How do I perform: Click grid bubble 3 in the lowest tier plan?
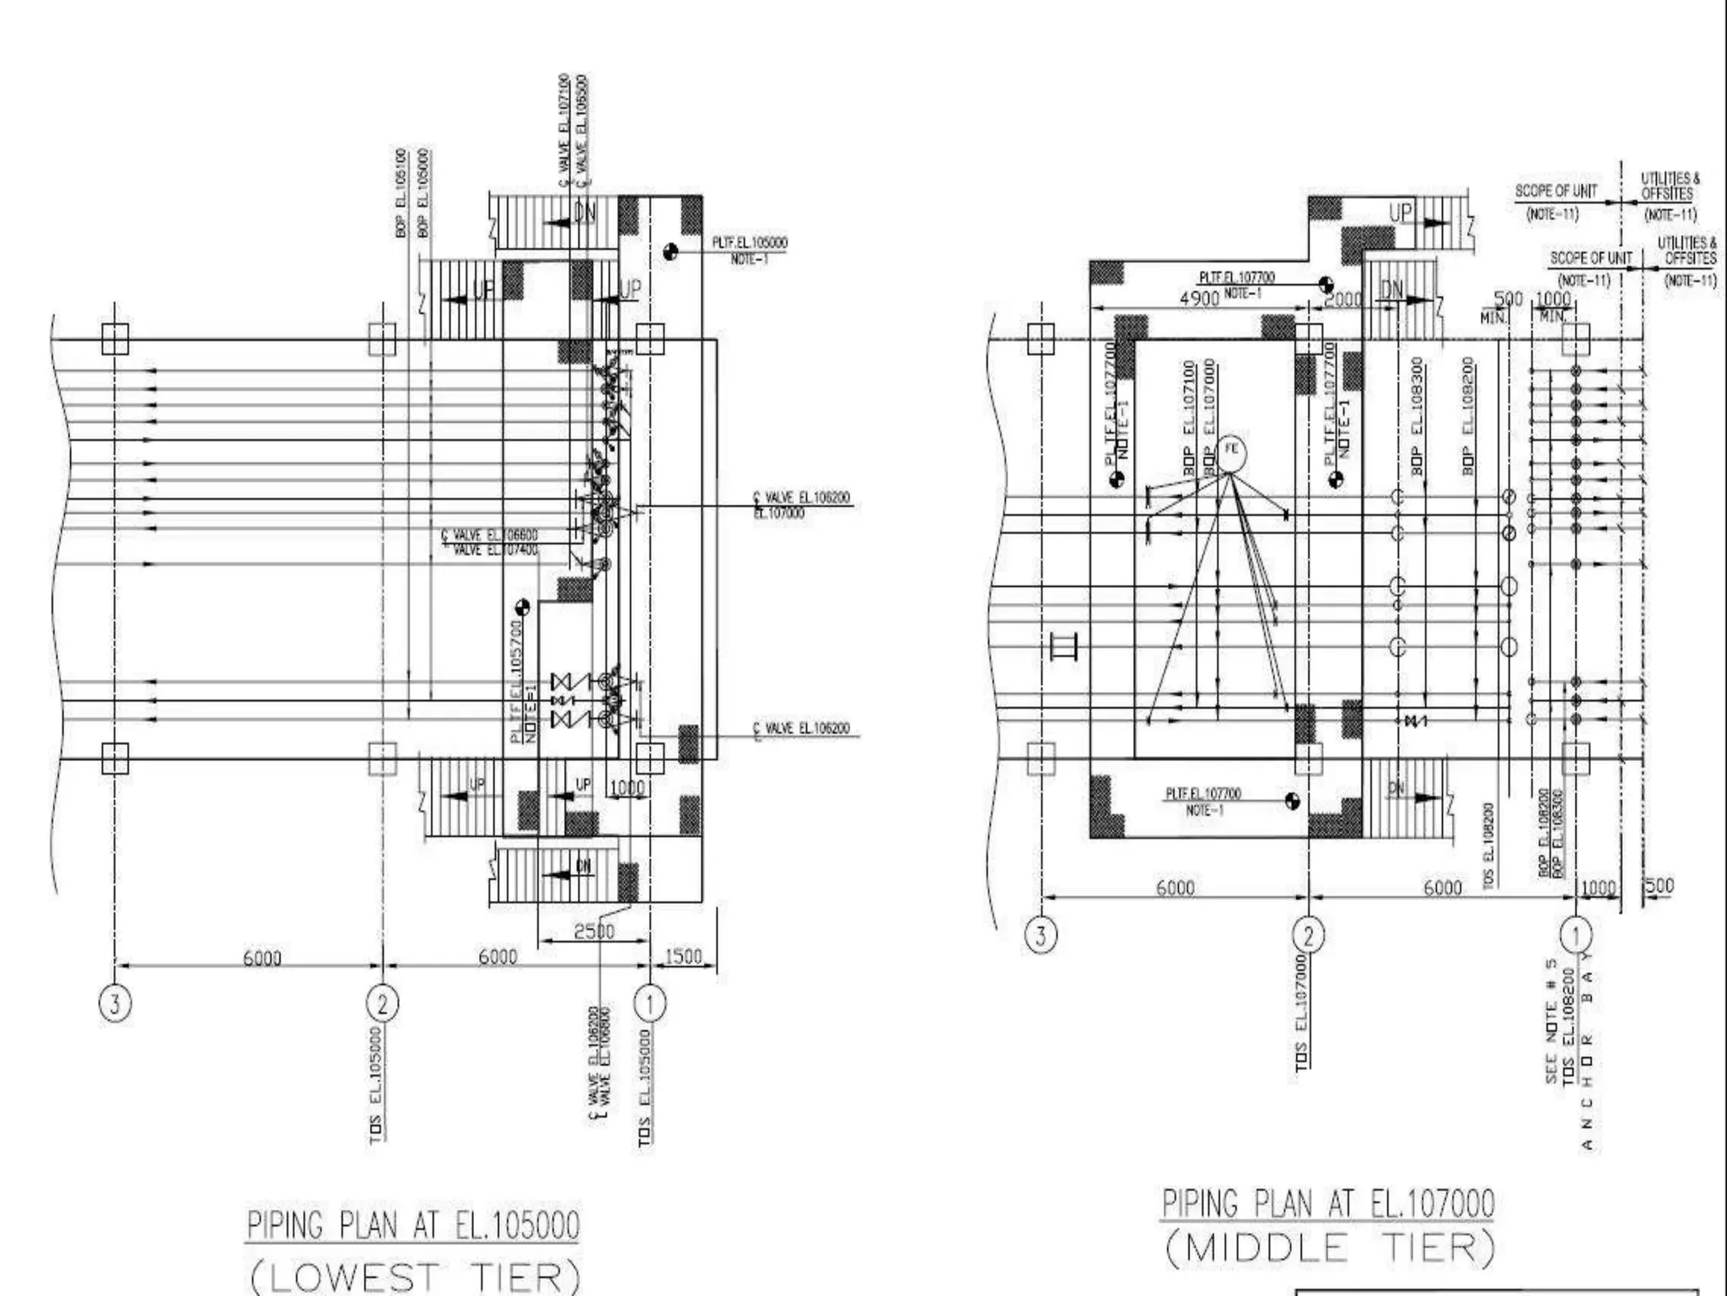click(x=116, y=1004)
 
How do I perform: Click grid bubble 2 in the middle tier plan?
click(x=1308, y=935)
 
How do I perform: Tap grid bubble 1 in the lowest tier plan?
click(x=649, y=1003)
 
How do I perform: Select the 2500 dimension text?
click(x=594, y=931)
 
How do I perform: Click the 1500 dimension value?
click(x=683, y=957)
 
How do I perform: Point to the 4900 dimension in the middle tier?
click(x=1198, y=299)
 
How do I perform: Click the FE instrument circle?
click(x=1230, y=453)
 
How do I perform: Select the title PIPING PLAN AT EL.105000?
click(x=413, y=1225)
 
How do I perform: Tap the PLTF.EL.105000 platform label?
click(x=749, y=243)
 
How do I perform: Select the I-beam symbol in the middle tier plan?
click(x=1063, y=647)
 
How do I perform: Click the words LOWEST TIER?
click(x=415, y=1277)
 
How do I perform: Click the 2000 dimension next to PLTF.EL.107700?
click(x=1342, y=299)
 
